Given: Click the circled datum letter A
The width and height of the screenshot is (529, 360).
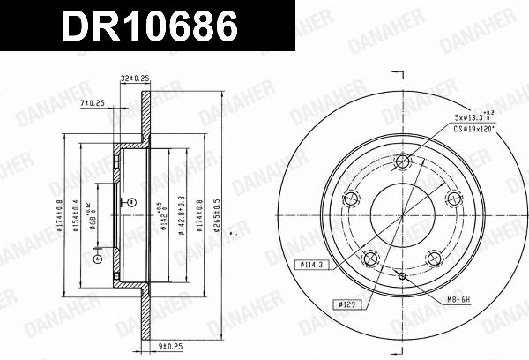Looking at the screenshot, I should pos(98,259).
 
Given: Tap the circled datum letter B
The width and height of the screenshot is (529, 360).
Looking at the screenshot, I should pos(130,202).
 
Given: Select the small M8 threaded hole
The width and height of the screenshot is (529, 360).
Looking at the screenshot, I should pos(403,277).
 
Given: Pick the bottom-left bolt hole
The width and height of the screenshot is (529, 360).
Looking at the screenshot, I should pos(370,258).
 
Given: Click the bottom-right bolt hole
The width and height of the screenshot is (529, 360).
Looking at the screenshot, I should pos(434,258).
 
